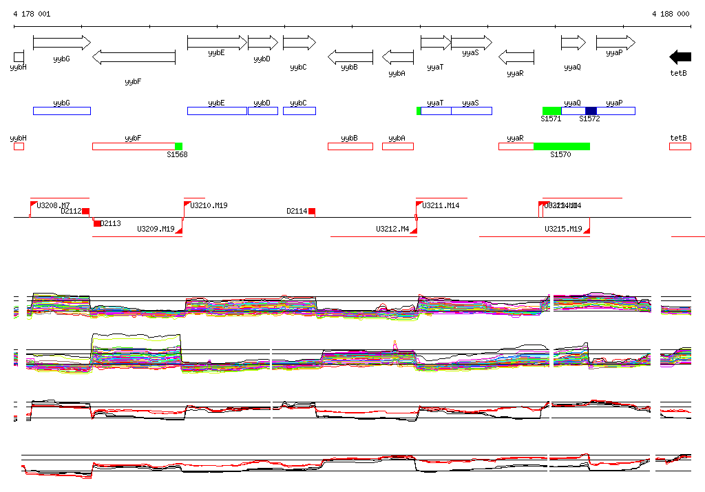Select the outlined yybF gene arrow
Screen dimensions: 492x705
[x=134, y=57]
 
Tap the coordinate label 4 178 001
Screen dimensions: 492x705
[x=32, y=14]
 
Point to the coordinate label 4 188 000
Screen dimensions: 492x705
[x=671, y=14]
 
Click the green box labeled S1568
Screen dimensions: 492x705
[x=178, y=146]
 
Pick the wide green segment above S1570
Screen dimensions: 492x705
[x=562, y=146]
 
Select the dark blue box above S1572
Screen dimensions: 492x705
[x=591, y=111]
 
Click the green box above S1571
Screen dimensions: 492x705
[x=551, y=111]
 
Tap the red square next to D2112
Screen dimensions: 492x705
[x=86, y=212]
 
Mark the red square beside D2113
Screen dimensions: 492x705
[x=97, y=223]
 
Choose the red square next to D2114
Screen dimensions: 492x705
[x=312, y=212]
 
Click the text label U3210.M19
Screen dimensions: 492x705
[x=209, y=205]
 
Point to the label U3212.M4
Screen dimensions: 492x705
[x=392, y=229]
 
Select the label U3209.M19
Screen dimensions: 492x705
[x=156, y=229]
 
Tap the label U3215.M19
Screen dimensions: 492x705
[x=563, y=229]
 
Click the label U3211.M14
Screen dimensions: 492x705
[x=441, y=205]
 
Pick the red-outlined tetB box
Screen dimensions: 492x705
[x=680, y=146]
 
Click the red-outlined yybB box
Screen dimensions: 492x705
[x=350, y=146]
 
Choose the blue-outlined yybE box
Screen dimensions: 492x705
[x=217, y=111]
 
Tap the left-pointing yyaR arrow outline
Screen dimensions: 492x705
[x=516, y=57]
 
